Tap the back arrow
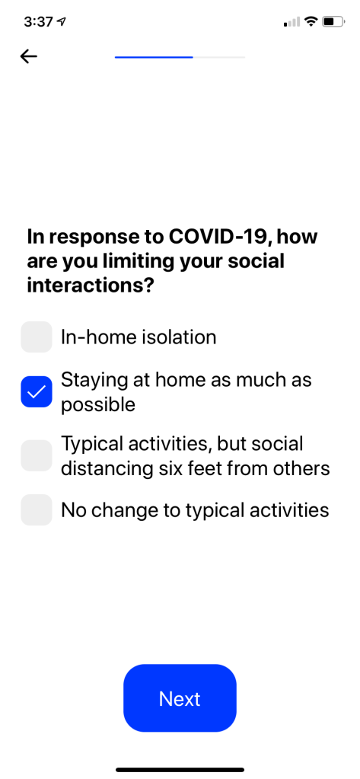29,56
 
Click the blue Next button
180,698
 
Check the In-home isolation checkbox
37,337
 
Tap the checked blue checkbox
37,391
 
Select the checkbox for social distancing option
37,455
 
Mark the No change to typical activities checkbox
37,509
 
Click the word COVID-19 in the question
219,237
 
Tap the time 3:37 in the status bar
40,22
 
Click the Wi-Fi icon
311,21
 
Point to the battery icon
333,21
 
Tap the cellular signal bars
292,22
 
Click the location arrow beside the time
62,22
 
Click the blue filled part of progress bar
154,57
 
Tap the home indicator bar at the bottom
180,770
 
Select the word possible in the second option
98,405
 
